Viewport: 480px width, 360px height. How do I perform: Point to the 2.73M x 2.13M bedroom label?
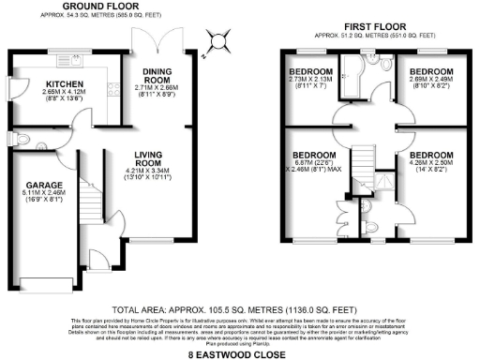(309, 71)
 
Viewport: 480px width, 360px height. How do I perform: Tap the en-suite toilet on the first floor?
(372, 226)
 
